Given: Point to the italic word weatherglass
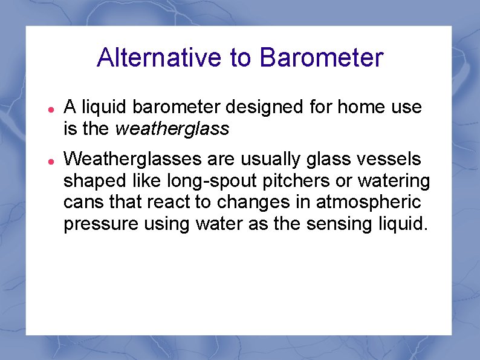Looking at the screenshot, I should [x=172, y=128].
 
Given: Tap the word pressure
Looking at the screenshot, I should [x=97, y=224].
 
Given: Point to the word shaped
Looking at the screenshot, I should [x=92, y=182].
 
